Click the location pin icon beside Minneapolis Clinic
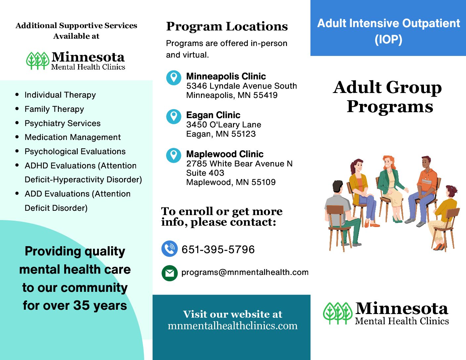(x=174, y=78)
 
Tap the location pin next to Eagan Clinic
(x=174, y=117)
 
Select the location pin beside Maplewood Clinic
(x=174, y=156)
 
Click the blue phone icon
(x=169, y=249)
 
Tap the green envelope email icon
(x=169, y=273)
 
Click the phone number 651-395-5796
(x=218, y=249)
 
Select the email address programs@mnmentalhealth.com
(x=245, y=272)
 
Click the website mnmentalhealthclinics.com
(x=233, y=326)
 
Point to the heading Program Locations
(x=227, y=26)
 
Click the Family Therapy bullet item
(x=54, y=109)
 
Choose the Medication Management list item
(x=73, y=137)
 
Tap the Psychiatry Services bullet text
(x=63, y=123)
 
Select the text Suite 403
(x=205, y=173)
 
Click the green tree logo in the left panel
(x=38, y=61)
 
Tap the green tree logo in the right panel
(x=338, y=313)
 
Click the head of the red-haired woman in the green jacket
(x=389, y=163)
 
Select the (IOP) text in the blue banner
(x=388, y=39)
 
